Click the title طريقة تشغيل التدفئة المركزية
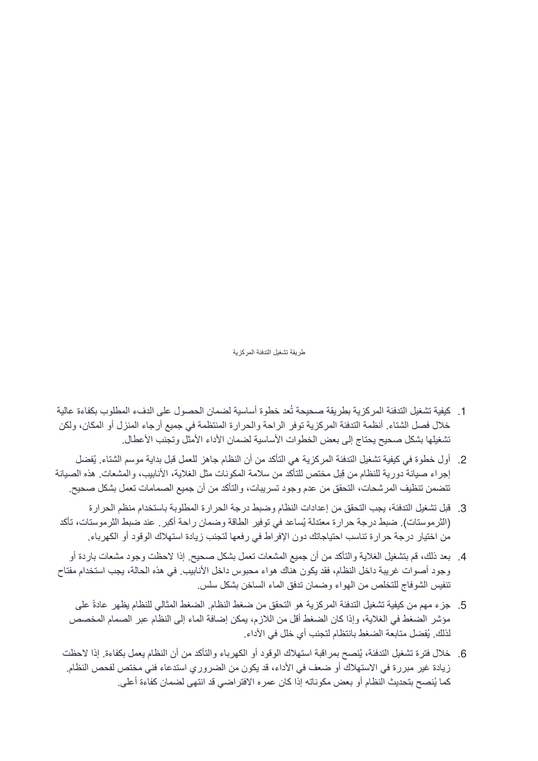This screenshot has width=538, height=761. (x=269, y=352)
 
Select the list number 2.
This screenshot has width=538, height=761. (x=463, y=461)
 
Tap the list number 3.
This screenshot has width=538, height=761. (x=463, y=509)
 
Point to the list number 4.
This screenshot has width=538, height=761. (x=463, y=557)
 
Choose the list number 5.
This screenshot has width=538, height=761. (x=463, y=606)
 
